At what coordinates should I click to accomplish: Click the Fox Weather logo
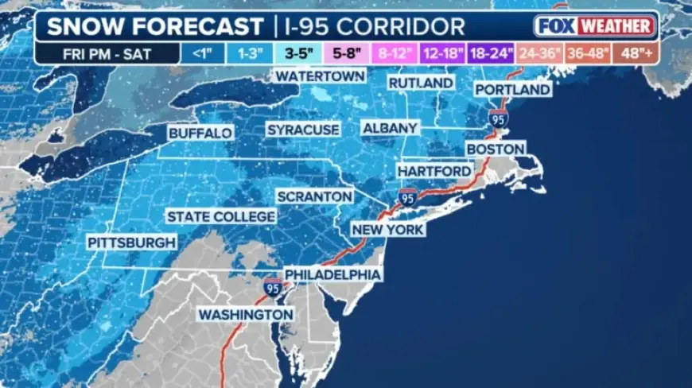tap(595, 25)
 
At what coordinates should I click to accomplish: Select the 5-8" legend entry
tap(345, 54)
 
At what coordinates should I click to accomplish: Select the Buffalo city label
tap(200, 133)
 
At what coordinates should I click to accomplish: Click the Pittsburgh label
tap(133, 242)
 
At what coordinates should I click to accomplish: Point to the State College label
tap(220, 216)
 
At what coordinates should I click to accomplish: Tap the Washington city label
tap(245, 314)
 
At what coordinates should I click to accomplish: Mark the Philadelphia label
tap(332, 274)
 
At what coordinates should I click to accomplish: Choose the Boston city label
tap(495, 149)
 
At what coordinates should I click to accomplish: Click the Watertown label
tap(320, 76)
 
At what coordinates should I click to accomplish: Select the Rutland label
tap(420, 83)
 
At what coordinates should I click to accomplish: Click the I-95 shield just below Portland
tap(499, 119)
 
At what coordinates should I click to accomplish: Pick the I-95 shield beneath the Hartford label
tap(407, 197)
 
